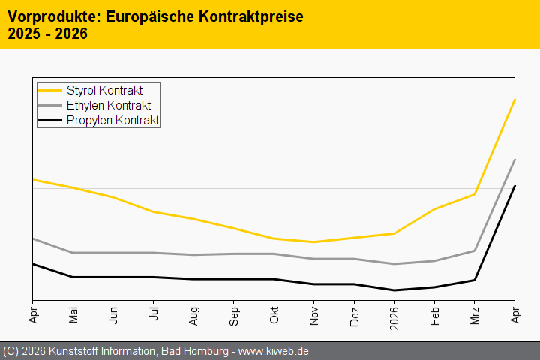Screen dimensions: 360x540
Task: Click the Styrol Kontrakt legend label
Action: pyautogui.click(x=104, y=91)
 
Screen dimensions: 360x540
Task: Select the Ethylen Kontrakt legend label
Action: pyautogui.click(x=108, y=106)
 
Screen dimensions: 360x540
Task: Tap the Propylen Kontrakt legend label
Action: pyautogui.click(x=112, y=121)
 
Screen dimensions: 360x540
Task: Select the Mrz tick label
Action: pyautogui.click(x=474, y=315)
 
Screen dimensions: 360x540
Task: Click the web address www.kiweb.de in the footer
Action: pyautogui.click(x=274, y=351)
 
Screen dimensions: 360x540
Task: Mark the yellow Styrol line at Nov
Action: pyautogui.click(x=313, y=242)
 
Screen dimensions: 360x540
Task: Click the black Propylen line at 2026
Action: pyautogui.click(x=394, y=290)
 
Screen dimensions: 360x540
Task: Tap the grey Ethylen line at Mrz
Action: pyautogui.click(x=474, y=250)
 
